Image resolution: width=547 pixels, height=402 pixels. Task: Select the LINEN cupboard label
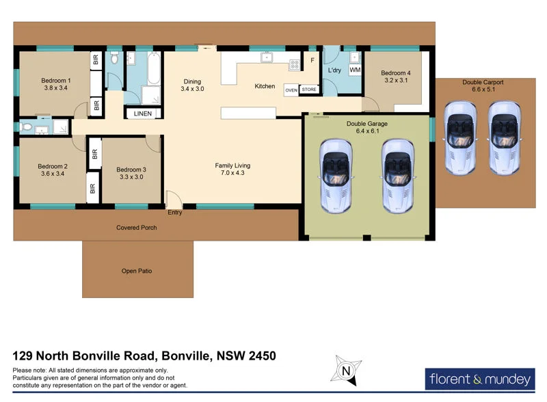[x=142, y=113]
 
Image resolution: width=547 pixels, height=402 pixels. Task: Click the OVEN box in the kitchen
[x=291, y=90]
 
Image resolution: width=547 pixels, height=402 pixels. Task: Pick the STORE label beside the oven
[x=309, y=90]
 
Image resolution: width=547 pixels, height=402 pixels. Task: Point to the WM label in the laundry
[x=354, y=70]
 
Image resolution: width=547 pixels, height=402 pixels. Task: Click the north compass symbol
[x=346, y=371]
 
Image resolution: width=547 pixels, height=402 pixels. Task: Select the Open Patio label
[x=137, y=271]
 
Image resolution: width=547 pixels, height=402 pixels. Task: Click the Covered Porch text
[x=137, y=228]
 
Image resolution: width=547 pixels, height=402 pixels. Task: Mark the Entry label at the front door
[x=174, y=213]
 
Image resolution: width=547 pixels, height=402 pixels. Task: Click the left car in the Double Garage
[x=337, y=175]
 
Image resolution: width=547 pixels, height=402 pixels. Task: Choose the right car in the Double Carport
[x=505, y=137]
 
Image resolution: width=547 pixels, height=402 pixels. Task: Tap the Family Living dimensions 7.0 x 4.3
[x=232, y=174]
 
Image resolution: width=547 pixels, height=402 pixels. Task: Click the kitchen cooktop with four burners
[x=295, y=65]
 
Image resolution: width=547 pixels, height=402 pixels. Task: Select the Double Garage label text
[x=367, y=124]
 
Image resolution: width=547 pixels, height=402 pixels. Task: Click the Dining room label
[x=192, y=81]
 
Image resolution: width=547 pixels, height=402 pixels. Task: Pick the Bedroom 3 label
[x=131, y=170]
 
